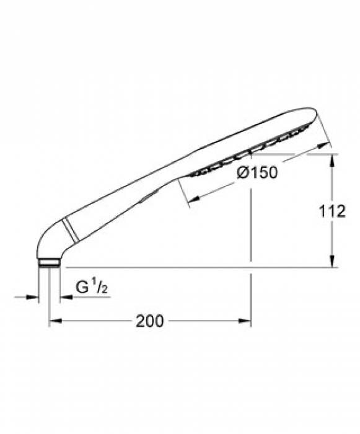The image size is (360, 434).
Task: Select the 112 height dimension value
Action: (x=333, y=211)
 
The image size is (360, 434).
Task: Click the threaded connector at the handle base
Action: (x=49, y=263)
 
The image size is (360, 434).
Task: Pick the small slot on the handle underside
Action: (x=149, y=197)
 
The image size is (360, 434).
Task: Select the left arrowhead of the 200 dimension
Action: (x=55, y=321)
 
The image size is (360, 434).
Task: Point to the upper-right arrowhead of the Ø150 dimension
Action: (x=325, y=145)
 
